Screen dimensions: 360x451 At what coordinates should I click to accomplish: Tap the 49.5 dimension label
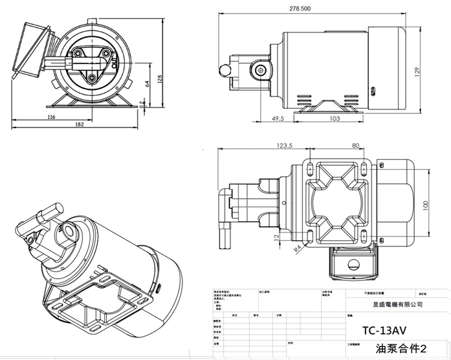pos(279,119)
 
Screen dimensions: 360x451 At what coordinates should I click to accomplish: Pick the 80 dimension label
pos(355,146)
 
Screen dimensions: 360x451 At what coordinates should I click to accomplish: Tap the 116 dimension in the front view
pos(50,117)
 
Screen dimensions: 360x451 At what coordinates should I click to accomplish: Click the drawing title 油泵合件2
pos(397,348)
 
